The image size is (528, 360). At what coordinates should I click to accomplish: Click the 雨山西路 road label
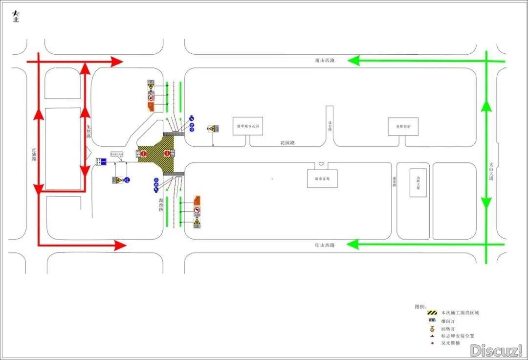coord(325,61)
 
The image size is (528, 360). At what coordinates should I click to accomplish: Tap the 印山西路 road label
coord(325,245)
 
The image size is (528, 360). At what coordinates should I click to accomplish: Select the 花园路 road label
coord(287,143)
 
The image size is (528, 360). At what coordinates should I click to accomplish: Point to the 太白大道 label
coord(491,172)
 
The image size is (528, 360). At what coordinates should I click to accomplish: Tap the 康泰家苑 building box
coord(322,179)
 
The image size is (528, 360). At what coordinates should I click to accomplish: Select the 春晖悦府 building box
coord(404,126)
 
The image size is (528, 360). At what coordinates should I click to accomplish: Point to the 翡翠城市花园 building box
coord(247,126)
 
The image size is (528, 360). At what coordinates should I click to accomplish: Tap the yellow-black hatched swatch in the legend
coord(431,313)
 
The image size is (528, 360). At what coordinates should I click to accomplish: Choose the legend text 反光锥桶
coord(450,343)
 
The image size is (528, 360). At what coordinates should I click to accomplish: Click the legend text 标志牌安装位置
coord(457,336)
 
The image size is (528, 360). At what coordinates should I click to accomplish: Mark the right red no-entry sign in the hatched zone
coord(167,154)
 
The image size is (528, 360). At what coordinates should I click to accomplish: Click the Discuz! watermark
coord(496,350)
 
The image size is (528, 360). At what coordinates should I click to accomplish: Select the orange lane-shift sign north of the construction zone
coord(151,105)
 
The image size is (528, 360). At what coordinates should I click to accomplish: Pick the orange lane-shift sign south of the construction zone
coord(197,200)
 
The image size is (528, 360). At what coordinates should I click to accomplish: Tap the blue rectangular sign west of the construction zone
coord(101,161)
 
